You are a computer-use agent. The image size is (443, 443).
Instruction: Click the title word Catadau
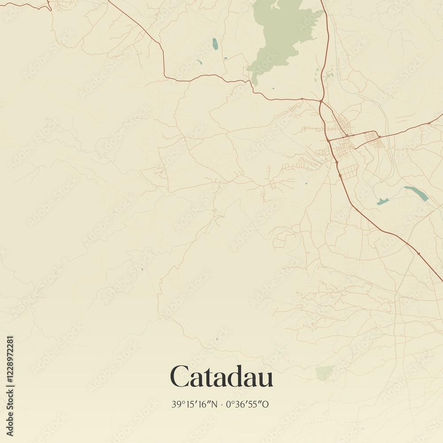(221, 377)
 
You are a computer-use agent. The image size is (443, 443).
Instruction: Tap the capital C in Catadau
(180, 377)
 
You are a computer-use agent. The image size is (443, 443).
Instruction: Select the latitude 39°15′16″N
(194, 404)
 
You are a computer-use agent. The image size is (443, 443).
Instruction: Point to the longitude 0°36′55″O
(247, 404)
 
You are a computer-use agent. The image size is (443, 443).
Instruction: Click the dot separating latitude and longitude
(222, 404)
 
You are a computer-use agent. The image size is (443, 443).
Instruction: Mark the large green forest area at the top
(284, 33)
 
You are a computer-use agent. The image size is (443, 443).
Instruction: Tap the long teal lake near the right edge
(416, 193)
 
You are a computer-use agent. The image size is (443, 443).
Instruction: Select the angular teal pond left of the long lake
(382, 202)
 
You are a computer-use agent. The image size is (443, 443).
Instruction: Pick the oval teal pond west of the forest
(215, 44)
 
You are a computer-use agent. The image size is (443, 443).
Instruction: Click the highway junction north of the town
(321, 101)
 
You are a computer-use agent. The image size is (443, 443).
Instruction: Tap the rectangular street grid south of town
(349, 172)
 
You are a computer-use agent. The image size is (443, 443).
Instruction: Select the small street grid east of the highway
(375, 142)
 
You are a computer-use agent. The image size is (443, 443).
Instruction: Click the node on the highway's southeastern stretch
(418, 254)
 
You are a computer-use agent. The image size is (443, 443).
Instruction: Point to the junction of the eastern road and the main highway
(329, 140)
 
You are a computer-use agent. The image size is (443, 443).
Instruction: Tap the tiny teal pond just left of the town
(306, 183)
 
